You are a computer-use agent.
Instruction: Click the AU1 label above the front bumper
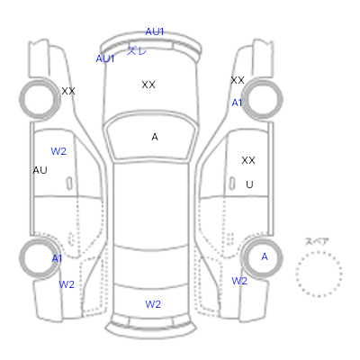coord(155,31)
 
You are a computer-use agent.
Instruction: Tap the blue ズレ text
coord(137,50)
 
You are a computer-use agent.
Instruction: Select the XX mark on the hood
coord(148,85)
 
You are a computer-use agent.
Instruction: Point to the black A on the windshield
coord(155,137)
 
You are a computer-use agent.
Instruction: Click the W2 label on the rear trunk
coord(153,304)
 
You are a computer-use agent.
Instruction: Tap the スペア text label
coord(317,241)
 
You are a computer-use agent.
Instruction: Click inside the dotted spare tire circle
coord(319,274)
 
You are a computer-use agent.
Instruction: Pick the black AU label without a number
coord(40,170)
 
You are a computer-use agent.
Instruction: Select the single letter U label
coord(249,184)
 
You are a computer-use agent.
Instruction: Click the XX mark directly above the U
coord(248,160)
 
